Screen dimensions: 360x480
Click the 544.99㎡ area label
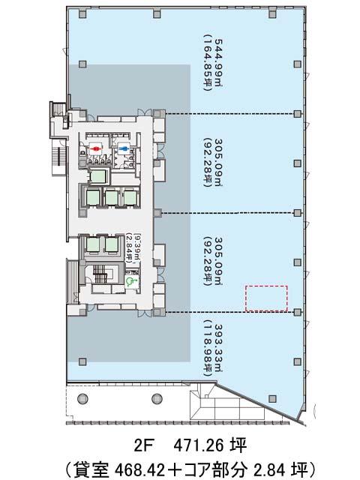(x=218, y=63)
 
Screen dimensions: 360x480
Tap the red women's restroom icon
(x=96, y=148)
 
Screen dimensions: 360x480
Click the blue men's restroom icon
(x=124, y=148)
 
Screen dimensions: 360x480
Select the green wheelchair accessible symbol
(x=132, y=280)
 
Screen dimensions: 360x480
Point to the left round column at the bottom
(x=82, y=398)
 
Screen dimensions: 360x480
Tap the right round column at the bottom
(x=157, y=398)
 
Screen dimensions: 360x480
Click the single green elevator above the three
(x=98, y=176)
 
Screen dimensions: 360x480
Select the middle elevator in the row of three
(x=112, y=197)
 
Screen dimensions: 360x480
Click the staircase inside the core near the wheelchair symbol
(x=99, y=273)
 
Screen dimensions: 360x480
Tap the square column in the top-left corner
(x=82, y=13)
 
